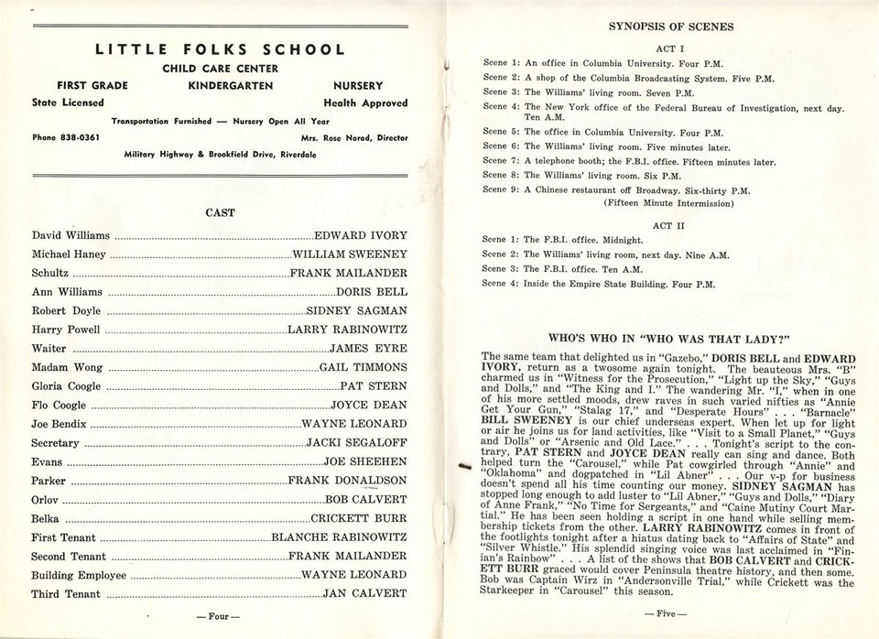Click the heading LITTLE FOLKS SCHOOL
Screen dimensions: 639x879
(x=220, y=49)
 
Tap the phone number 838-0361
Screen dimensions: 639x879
(x=77, y=138)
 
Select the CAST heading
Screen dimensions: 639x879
(x=220, y=212)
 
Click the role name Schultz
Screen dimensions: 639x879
(x=49, y=273)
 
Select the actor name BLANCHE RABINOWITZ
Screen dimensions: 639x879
(x=339, y=537)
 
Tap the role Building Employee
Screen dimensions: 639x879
(x=79, y=575)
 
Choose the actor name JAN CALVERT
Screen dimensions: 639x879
(x=365, y=593)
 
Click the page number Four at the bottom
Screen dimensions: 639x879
(x=218, y=616)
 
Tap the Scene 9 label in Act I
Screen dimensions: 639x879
(x=502, y=190)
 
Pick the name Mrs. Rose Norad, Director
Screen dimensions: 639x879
(x=353, y=138)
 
